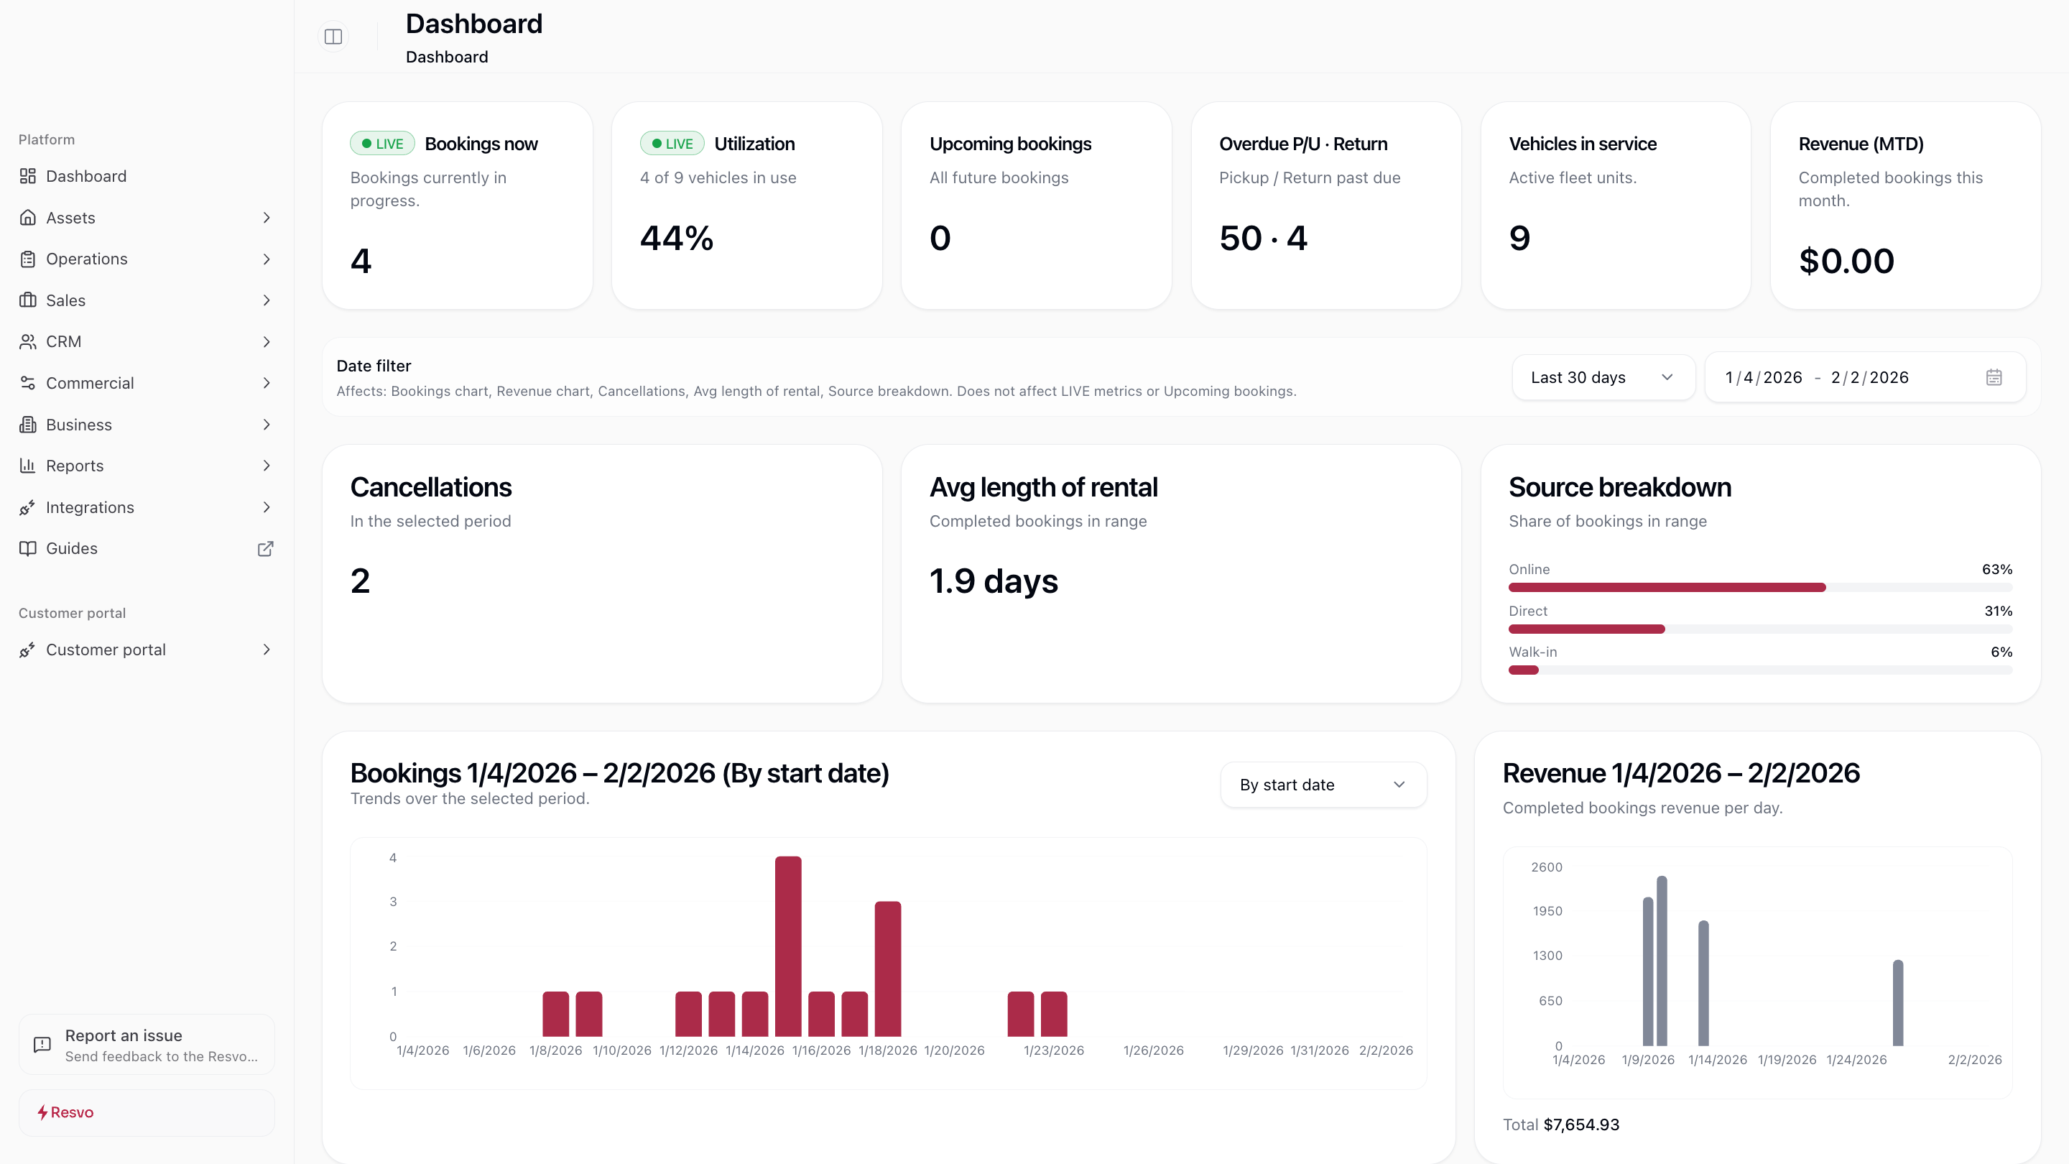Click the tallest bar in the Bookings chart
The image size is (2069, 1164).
click(788, 946)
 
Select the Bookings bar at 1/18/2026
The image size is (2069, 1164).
click(887, 968)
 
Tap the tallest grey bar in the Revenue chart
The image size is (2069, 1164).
click(1662, 960)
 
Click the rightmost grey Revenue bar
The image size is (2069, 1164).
click(1898, 1002)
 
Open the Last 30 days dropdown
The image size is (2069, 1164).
click(1602, 377)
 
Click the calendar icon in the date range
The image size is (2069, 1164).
click(1994, 377)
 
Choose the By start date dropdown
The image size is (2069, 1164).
click(1323, 785)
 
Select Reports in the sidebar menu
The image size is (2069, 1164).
click(75, 466)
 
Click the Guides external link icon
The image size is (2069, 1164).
click(265, 549)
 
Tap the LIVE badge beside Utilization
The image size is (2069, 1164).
click(672, 144)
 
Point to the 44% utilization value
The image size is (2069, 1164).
click(676, 238)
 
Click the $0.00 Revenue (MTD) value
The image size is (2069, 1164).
click(1846, 261)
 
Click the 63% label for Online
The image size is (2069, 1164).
click(1996, 569)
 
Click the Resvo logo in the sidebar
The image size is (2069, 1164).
click(66, 1112)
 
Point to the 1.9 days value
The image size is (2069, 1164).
click(993, 581)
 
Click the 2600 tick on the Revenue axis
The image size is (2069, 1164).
click(1546, 867)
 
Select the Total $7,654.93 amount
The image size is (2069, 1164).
click(1580, 1124)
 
